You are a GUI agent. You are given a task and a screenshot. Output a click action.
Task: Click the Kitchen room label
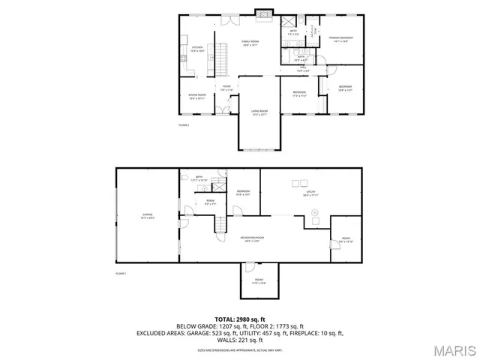coord(196,49)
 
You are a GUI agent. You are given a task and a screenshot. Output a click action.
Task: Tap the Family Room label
coord(249,43)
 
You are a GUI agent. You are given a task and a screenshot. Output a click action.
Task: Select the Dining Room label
coord(197,96)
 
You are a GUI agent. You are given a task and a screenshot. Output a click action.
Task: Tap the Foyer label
coord(226,88)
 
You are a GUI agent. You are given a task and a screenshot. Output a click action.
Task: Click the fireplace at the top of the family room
coord(262,13)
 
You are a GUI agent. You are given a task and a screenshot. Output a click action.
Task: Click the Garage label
coord(147,216)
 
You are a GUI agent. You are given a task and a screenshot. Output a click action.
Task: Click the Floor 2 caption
coord(184,124)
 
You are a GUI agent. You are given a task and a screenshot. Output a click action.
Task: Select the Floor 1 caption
coord(120,274)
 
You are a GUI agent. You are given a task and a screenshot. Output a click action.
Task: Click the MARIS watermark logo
coord(452,349)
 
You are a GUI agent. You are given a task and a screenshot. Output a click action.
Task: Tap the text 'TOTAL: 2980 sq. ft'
coord(239,319)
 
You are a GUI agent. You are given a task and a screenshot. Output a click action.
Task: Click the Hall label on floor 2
coord(303,69)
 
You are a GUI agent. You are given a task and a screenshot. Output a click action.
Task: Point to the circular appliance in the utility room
coord(316,213)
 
